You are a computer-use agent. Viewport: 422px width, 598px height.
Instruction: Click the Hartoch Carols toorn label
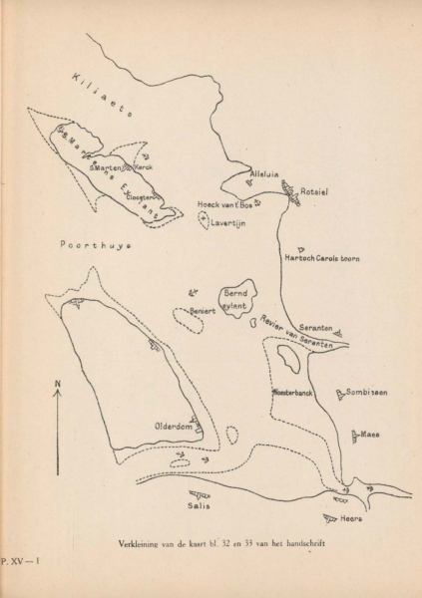[x=322, y=258]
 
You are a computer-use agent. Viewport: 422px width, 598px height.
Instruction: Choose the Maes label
[x=370, y=435]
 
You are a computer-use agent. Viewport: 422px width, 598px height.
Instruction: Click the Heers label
[x=350, y=518]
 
